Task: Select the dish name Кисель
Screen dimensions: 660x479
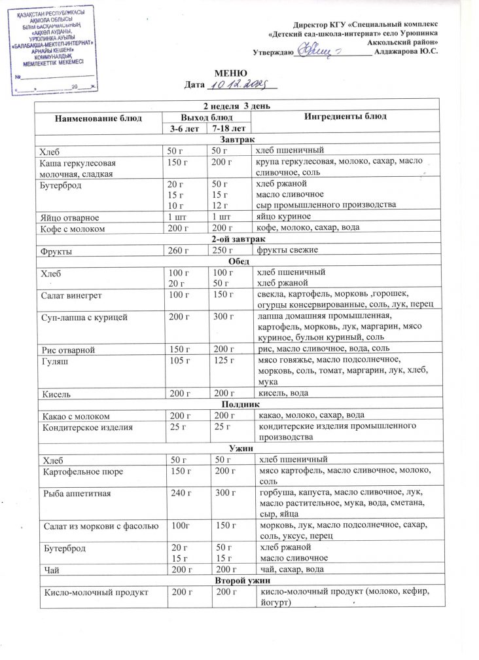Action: (x=56, y=394)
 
